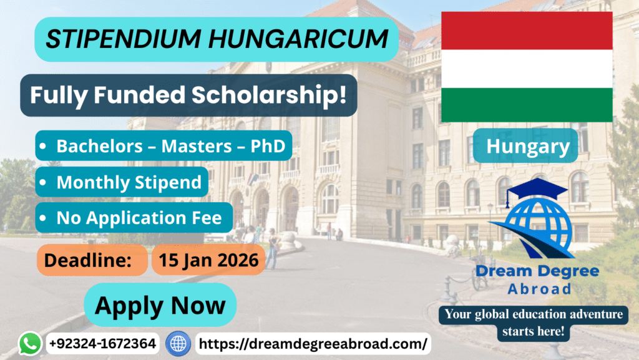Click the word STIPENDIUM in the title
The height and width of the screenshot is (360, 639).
click(123, 39)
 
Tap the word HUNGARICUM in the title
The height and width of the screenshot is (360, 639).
click(298, 39)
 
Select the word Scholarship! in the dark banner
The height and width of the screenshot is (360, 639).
click(270, 95)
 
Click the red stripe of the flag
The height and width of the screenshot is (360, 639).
click(527, 31)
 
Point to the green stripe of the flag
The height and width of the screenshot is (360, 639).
click(527, 105)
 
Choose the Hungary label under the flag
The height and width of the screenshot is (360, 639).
click(528, 147)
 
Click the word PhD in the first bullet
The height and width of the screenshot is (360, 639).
click(268, 146)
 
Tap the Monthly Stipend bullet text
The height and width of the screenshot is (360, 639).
click(129, 182)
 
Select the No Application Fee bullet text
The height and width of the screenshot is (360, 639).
click(139, 218)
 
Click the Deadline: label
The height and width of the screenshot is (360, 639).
click(87, 260)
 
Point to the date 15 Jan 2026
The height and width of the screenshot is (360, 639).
click(208, 260)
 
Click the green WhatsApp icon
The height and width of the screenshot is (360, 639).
click(30, 343)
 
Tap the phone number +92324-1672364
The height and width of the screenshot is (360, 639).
click(102, 343)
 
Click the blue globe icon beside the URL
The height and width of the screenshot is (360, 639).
click(178, 344)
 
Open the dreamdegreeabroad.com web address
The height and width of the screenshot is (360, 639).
click(313, 344)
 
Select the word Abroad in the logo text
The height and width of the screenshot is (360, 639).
click(540, 289)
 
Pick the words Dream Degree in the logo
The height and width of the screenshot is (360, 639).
click(537, 271)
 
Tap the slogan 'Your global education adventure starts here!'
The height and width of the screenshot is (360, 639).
click(534, 323)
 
